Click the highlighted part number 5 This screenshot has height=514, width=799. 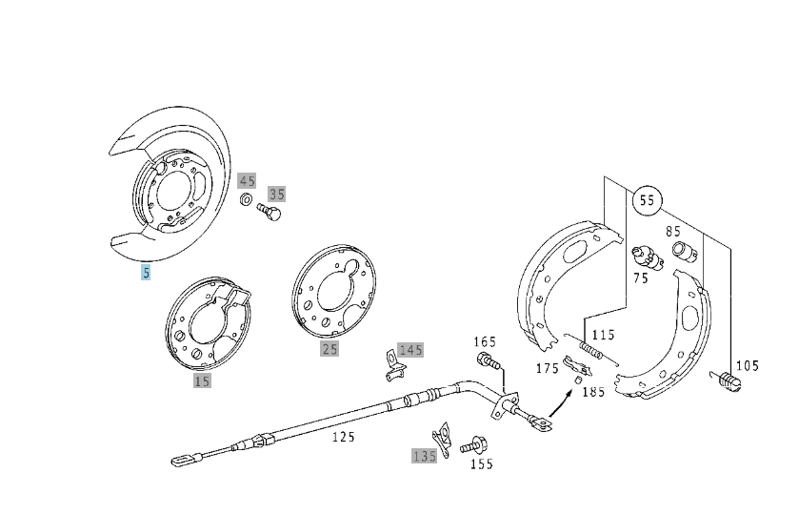(146, 273)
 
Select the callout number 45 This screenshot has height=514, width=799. (248, 180)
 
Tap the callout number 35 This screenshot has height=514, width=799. (276, 194)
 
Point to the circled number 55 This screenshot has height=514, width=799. (648, 201)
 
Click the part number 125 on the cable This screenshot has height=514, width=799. (343, 438)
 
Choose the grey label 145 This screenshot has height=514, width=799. (410, 350)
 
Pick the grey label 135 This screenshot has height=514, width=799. (424, 456)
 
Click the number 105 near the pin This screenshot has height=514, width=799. (747, 365)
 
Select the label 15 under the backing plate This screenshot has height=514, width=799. (202, 380)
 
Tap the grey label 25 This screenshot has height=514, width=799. (330, 349)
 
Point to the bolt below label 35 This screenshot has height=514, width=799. (270, 215)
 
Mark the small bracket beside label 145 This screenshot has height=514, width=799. (389, 360)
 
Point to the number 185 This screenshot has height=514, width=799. (593, 391)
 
